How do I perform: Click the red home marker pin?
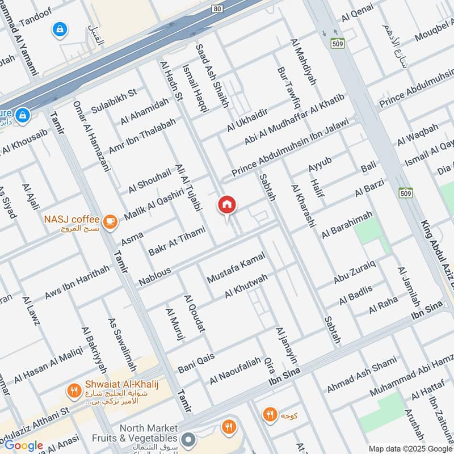pyautogui.click(x=227, y=205)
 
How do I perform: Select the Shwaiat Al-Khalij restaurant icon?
pyautogui.click(x=73, y=390)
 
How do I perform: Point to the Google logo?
pyautogui.click(x=23, y=445)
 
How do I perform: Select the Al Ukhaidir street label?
pyautogui.click(x=247, y=120)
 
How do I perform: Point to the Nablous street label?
pyautogui.click(x=155, y=278)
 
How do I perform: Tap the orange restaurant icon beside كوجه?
pyautogui.click(x=270, y=414)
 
